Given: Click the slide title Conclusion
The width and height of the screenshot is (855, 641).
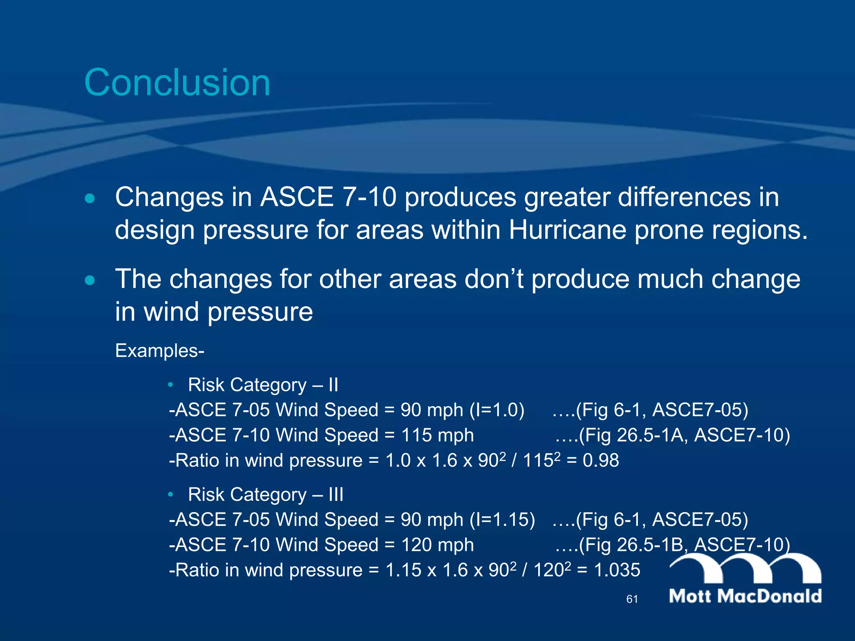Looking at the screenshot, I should (177, 83).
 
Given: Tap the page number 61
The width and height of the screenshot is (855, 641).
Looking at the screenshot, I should (632, 599).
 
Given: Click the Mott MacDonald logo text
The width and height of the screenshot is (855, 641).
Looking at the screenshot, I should (745, 596).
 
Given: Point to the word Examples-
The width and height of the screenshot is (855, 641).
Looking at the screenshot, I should (159, 351).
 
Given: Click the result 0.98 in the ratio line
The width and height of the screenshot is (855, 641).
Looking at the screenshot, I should (601, 461).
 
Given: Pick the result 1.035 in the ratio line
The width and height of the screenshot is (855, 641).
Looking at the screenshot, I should (617, 570).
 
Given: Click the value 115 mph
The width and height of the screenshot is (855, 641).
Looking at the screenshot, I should (437, 435).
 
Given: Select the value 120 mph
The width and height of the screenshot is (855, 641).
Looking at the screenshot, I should (437, 545).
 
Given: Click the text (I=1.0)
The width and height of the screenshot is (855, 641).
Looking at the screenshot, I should (497, 410).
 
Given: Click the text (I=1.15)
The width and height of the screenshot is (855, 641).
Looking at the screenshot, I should (502, 520).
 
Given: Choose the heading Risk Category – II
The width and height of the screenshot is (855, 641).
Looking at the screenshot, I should (263, 385).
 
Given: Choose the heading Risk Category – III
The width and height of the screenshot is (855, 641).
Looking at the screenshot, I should (266, 495).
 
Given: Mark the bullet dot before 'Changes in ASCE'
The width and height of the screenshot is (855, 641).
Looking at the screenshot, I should (89, 198).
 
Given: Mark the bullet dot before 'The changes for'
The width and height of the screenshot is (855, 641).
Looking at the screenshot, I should (89, 280).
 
